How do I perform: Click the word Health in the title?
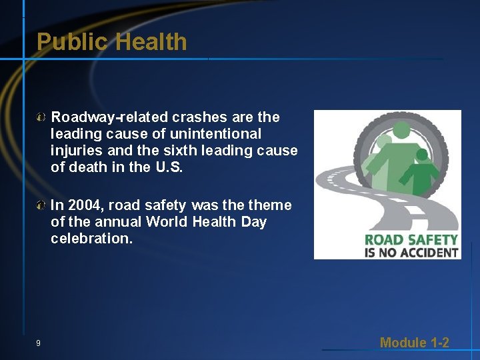click(x=151, y=42)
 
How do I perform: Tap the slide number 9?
click(x=38, y=343)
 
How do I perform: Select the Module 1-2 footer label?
click(x=414, y=343)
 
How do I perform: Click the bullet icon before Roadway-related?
click(x=41, y=118)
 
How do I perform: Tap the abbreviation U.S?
click(x=169, y=167)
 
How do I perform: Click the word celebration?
click(x=91, y=239)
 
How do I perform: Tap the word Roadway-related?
click(x=110, y=117)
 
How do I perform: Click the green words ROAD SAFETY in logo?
click(x=411, y=239)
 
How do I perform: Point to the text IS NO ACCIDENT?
click(x=411, y=252)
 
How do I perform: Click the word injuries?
click(x=75, y=151)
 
